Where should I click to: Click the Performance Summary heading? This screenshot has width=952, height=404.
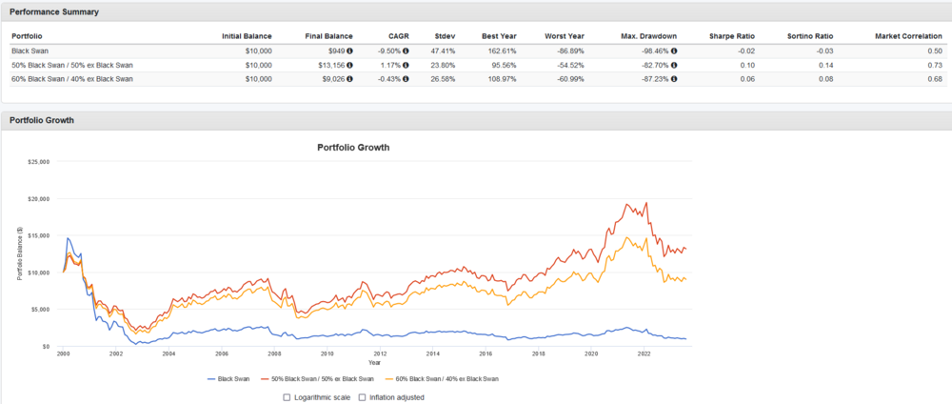click(54, 11)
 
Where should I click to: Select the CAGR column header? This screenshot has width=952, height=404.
click(398, 35)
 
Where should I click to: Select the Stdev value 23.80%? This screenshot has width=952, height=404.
click(442, 64)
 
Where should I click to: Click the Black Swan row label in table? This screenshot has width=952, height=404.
click(30, 50)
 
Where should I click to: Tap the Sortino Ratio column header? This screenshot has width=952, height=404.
click(811, 35)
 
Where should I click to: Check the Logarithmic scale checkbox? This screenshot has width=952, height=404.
click(288, 396)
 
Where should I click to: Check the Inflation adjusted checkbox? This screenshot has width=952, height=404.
click(362, 396)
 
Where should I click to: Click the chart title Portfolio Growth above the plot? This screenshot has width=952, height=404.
click(352, 148)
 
